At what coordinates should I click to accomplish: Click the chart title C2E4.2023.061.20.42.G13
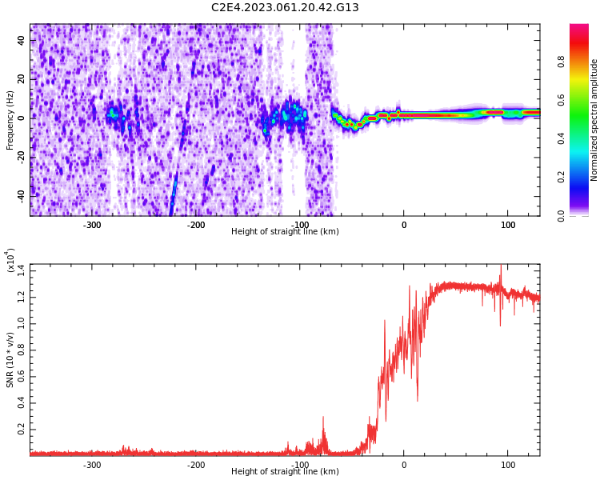click(x=285, y=8)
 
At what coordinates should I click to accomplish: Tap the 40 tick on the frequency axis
click(x=22, y=41)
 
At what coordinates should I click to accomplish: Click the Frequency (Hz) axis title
click(x=10, y=120)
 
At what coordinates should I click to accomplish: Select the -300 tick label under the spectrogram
click(x=92, y=225)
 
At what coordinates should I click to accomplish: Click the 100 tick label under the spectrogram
click(x=508, y=225)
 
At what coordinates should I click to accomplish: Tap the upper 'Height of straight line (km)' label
click(x=285, y=232)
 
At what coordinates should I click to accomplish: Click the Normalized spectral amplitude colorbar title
click(x=594, y=120)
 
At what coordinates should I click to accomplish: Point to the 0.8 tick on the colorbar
click(x=583, y=62)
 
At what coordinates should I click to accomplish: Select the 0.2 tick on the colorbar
click(x=583, y=177)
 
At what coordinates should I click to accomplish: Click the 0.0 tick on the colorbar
click(x=583, y=215)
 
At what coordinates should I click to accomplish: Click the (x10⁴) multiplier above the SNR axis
click(x=11, y=261)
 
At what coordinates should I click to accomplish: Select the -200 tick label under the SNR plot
click(x=196, y=465)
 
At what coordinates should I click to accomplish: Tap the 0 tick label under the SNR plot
click(x=404, y=465)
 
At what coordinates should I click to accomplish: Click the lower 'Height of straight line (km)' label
click(x=285, y=472)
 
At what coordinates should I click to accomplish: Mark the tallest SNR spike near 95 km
click(x=501, y=267)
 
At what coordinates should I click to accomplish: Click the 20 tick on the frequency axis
click(x=22, y=79)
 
